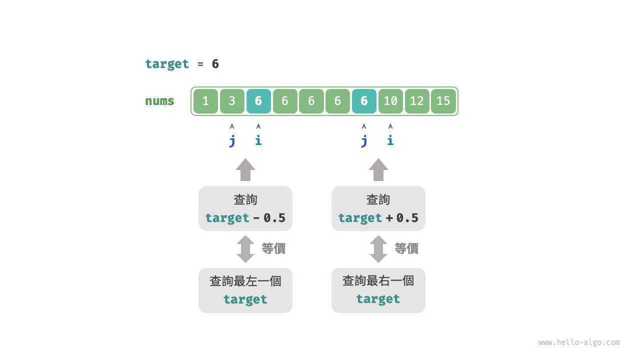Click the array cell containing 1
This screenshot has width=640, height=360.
pos(205,101)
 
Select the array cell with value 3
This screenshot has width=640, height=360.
pos(232,101)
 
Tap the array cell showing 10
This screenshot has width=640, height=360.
pos(390,101)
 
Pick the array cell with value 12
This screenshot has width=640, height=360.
pos(417,101)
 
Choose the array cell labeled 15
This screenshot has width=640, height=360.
pos(443,101)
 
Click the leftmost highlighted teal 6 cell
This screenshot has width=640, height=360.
pos(258,101)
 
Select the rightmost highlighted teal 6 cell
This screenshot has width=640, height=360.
pos(364,101)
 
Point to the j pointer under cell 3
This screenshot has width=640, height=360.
pos(232,140)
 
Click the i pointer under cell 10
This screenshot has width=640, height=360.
pos(390,140)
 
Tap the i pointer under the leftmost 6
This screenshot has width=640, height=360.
pos(258,140)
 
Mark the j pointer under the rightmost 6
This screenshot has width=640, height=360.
pos(364,140)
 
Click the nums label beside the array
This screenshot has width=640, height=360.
pos(159,101)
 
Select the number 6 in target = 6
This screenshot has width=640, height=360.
pos(215,64)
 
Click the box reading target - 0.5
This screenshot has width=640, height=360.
pos(245,208)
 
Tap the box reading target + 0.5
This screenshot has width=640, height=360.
pos(378,208)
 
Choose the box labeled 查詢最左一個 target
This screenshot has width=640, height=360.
pos(245,290)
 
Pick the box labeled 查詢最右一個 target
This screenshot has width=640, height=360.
pos(378,290)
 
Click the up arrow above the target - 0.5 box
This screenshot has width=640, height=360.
pos(245,169)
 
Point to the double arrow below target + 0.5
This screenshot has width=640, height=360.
pos(378,249)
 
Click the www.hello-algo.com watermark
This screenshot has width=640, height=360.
pos(579,342)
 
